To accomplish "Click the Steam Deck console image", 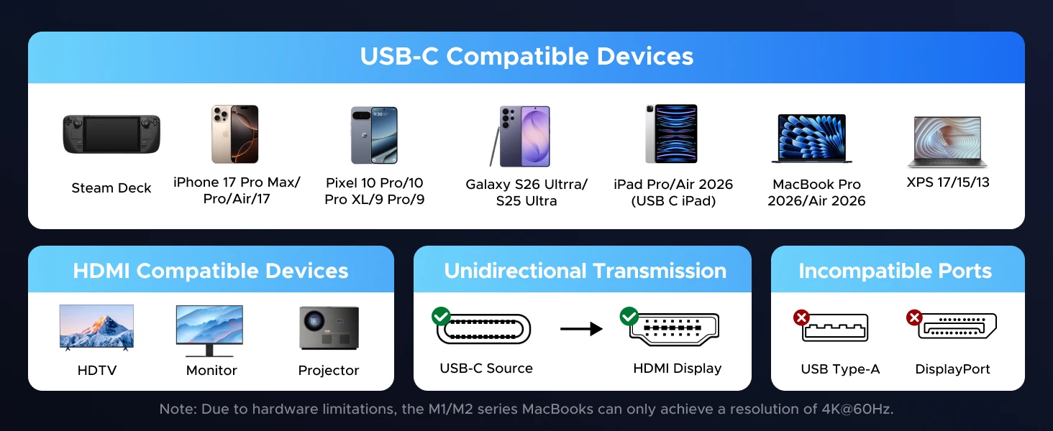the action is click(111, 134).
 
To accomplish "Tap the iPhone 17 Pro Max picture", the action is click(235, 134).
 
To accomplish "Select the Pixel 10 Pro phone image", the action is click(374, 135).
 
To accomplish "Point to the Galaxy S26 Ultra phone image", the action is click(520, 136).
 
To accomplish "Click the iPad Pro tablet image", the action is click(671, 134).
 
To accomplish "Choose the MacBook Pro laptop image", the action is click(812, 139).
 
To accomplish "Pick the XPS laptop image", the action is click(948, 142).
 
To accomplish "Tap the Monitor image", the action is click(209, 330).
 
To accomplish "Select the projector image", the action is click(329, 328).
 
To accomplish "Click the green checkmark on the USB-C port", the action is click(441, 316).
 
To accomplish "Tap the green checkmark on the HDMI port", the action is click(629, 316).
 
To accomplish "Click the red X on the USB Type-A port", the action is click(801, 318).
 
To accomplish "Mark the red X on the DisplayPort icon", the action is click(914, 318).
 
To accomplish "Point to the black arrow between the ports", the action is click(581, 329).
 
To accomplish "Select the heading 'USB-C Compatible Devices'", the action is click(526, 57).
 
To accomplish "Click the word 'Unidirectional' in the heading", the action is click(515, 271).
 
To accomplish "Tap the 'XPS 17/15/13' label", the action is click(948, 182).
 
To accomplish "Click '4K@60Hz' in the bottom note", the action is click(856, 409).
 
